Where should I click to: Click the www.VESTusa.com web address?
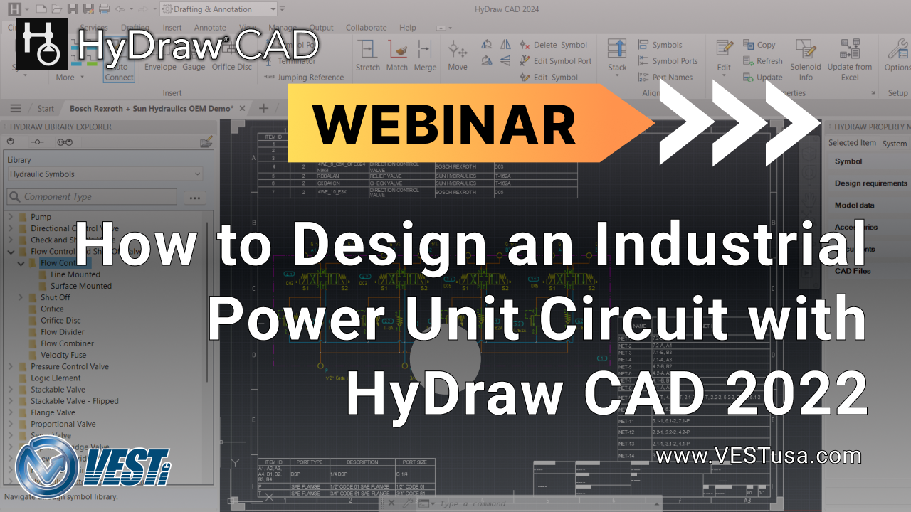758,455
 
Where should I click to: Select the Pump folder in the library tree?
41,217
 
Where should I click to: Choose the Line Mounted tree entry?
75,274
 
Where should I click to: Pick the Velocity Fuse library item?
63,355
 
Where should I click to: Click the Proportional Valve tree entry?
63,425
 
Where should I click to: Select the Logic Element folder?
56,378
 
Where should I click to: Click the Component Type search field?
93,197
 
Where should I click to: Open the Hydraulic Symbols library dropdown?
105,174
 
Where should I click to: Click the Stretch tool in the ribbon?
368,55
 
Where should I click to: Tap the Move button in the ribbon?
458,55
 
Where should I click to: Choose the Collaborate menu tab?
367,28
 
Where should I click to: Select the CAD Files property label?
853,271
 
